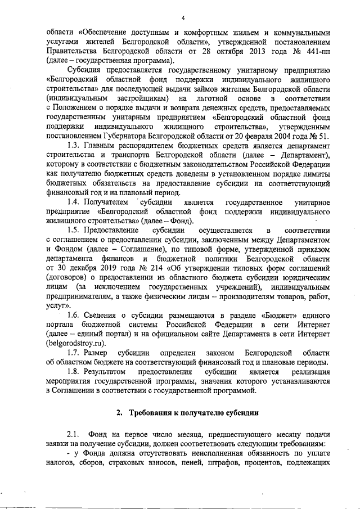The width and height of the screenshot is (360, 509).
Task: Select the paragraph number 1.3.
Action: (74, 146)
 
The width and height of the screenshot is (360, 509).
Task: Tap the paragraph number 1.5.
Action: (74, 230)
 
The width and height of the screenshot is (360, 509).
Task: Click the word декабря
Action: (84, 268)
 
